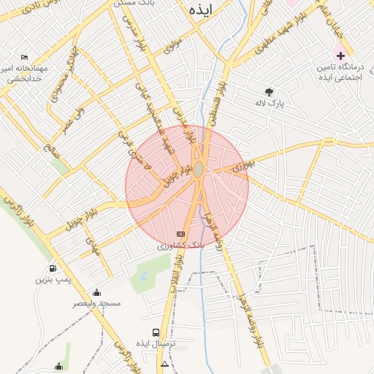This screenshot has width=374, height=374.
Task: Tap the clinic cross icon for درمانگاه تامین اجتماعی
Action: click(x=340, y=56)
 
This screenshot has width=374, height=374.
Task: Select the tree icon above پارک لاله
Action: click(x=270, y=92)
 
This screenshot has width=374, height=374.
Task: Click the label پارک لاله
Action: click(x=270, y=103)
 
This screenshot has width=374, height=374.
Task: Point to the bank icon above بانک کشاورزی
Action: click(x=181, y=234)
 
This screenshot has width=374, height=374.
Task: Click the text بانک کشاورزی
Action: click(x=182, y=246)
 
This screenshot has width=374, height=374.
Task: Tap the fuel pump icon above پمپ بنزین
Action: click(x=53, y=268)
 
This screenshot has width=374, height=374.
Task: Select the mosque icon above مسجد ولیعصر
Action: click(x=97, y=292)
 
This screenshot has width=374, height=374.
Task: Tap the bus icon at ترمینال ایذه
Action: click(x=155, y=333)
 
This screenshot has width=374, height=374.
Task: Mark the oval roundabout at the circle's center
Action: click(x=199, y=169)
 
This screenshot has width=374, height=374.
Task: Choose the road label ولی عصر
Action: click(x=72, y=120)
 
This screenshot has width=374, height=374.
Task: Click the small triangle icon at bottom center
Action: click(x=164, y=364)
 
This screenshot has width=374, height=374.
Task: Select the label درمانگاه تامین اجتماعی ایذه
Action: click(x=340, y=72)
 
